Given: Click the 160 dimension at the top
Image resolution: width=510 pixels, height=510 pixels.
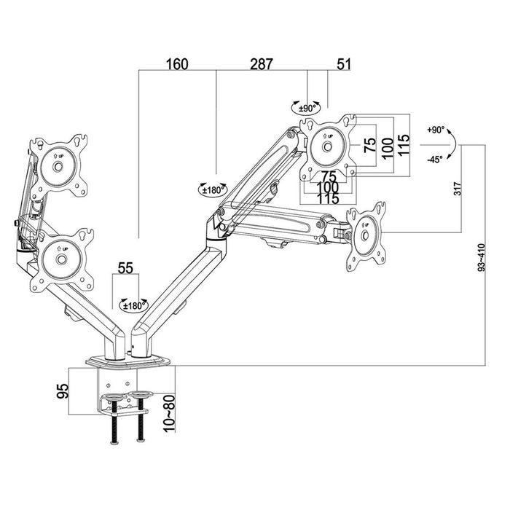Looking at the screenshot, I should pos(176,64).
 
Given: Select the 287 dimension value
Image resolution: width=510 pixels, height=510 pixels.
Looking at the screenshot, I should pos(260,64).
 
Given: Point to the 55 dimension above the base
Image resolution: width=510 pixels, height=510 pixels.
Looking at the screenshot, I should pos(125,268).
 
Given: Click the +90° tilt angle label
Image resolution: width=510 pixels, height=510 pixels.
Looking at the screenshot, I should pos(436,130).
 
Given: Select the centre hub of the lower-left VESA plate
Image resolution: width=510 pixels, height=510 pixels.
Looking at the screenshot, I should pos(61,259).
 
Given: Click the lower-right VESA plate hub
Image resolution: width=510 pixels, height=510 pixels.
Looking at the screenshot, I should pos(366,237).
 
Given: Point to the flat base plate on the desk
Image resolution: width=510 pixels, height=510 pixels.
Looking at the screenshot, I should pos(128,361).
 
